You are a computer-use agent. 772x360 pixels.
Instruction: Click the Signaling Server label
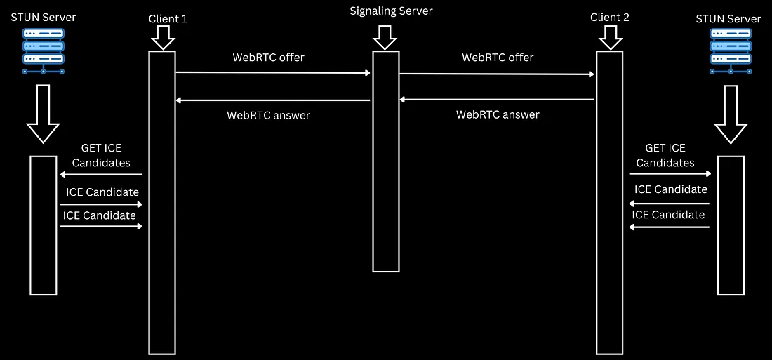[391, 11]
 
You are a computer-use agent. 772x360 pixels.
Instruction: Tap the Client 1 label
[168, 19]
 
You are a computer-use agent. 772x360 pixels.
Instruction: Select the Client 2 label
[610, 18]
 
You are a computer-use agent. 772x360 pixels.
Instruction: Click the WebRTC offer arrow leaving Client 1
[273, 72]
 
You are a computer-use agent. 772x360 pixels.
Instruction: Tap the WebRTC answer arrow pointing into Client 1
[273, 100]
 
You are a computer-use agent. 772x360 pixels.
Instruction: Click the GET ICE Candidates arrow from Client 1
[101, 175]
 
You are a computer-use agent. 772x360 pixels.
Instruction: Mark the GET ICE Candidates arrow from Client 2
[670, 174]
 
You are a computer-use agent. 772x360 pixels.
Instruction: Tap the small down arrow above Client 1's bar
[162, 39]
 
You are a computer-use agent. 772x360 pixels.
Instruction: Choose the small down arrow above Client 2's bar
[609, 39]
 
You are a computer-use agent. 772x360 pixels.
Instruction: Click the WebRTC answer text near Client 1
[268, 115]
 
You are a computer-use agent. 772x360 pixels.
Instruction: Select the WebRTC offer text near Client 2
[498, 58]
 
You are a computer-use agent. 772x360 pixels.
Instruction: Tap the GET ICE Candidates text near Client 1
[105, 156]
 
